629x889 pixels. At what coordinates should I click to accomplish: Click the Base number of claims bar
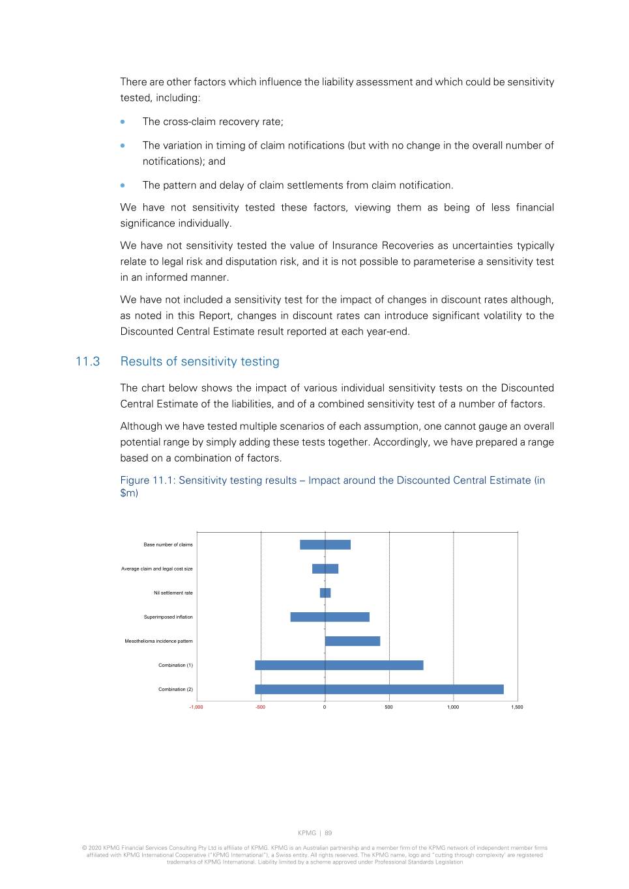tap(325, 544)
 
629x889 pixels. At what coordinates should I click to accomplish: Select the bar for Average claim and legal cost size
tap(325, 569)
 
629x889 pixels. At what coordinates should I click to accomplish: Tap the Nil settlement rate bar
tap(325, 593)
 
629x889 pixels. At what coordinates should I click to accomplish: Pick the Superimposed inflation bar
tap(330, 617)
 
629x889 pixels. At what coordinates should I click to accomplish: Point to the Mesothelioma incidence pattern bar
tap(353, 641)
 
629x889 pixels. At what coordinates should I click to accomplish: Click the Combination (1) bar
tap(339, 665)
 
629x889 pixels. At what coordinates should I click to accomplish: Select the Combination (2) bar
tap(379, 689)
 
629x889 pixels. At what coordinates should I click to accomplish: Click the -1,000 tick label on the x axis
tap(196, 707)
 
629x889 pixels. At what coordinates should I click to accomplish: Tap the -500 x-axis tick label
tap(260, 707)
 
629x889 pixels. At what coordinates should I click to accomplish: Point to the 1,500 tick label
tap(517, 707)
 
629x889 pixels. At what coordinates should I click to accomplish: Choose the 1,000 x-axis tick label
tap(453, 707)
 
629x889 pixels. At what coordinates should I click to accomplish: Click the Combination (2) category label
tap(175, 689)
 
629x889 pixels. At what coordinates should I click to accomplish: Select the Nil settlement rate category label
tap(173, 593)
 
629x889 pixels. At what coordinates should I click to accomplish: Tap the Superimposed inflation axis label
tap(168, 617)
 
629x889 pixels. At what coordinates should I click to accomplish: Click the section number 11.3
tap(88, 361)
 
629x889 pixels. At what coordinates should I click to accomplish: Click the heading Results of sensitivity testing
tap(199, 361)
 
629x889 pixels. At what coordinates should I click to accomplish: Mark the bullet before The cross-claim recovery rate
tap(123, 122)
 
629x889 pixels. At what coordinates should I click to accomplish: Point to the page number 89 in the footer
tap(329, 833)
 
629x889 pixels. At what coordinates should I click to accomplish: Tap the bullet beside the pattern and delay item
tap(123, 185)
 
